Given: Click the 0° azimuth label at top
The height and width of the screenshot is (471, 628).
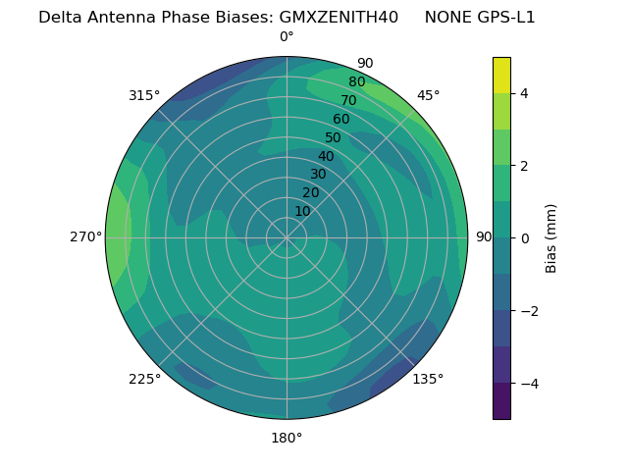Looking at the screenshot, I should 287,37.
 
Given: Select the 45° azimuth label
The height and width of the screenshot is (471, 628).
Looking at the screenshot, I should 428,95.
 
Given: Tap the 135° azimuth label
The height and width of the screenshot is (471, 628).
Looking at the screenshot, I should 428,379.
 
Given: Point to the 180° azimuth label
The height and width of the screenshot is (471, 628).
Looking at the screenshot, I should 287,438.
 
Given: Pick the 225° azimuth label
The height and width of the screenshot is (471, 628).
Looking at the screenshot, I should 144,379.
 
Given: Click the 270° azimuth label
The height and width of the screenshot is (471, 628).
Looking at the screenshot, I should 85,236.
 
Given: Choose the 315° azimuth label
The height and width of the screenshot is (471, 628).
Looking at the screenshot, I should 144,95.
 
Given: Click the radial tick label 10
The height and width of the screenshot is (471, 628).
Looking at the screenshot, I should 302,211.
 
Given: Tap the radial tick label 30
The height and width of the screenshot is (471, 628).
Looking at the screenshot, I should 318,175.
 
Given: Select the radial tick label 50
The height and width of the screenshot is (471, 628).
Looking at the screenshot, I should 333,137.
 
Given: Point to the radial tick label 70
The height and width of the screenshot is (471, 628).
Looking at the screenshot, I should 348,100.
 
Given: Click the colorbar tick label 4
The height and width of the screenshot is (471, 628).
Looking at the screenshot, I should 525,93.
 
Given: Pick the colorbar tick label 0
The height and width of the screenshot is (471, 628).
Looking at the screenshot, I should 525,238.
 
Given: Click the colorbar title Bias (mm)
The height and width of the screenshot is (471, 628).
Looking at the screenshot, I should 551,238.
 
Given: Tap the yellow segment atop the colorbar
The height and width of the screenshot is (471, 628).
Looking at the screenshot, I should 501,75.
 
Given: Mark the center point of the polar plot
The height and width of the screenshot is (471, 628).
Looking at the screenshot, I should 287,237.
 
